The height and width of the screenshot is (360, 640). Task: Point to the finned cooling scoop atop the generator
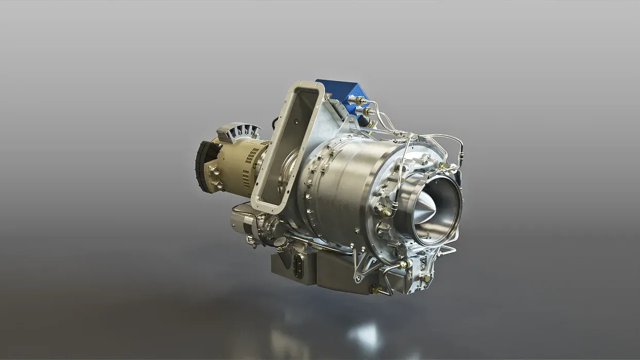(x=240, y=133)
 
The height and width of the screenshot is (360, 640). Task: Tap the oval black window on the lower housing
(x=298, y=266)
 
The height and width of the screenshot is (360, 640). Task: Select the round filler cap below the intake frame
(x=281, y=242)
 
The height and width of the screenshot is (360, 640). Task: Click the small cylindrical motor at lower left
(x=242, y=223)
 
